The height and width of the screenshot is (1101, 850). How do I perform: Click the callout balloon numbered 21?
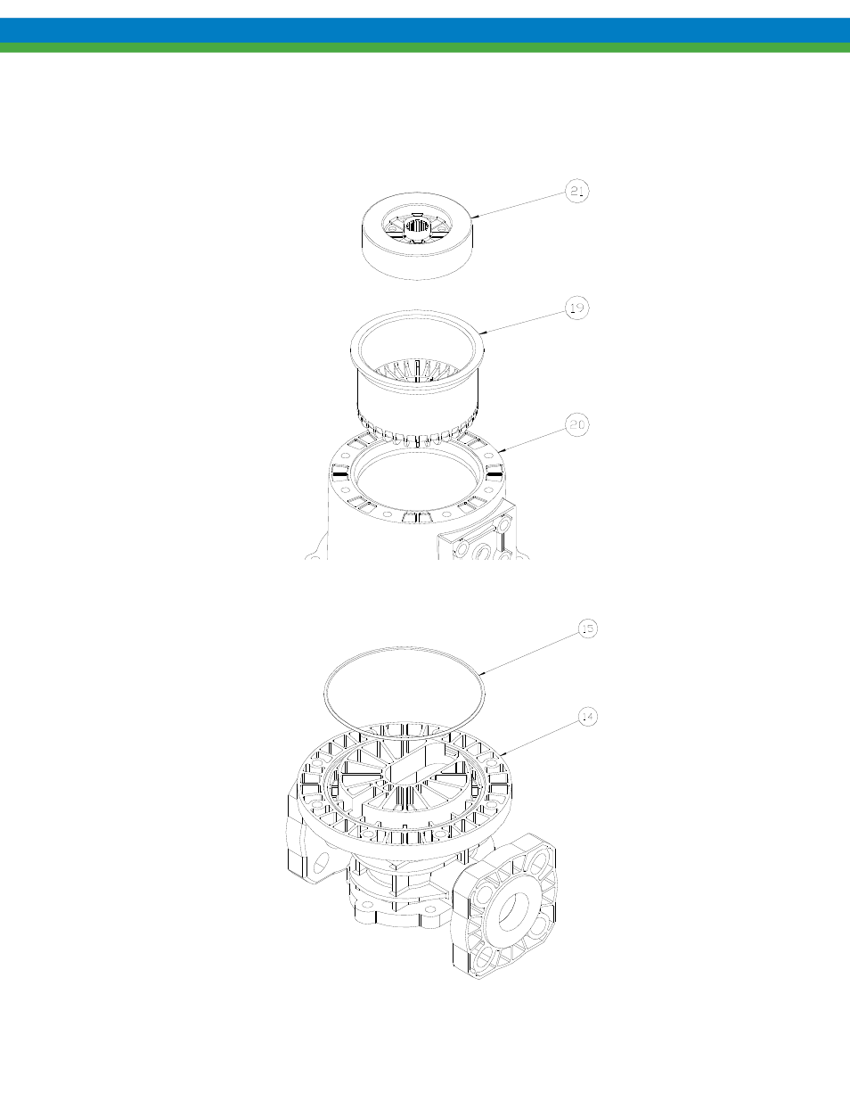pyautogui.click(x=577, y=191)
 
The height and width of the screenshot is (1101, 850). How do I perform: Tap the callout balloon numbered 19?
pyautogui.click(x=577, y=308)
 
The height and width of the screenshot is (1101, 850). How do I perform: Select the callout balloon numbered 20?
pyautogui.click(x=577, y=424)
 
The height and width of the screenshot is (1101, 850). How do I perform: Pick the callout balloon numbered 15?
pyautogui.click(x=588, y=629)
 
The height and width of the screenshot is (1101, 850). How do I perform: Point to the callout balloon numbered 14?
pyautogui.click(x=588, y=717)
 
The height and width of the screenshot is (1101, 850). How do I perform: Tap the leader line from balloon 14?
pyautogui.click(x=541, y=738)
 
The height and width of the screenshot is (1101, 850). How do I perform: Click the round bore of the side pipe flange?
pyautogui.click(x=514, y=910)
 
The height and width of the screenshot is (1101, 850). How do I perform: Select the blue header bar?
pyautogui.click(x=425, y=30)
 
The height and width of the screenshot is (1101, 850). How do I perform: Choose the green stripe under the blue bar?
pyautogui.click(x=425, y=47)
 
